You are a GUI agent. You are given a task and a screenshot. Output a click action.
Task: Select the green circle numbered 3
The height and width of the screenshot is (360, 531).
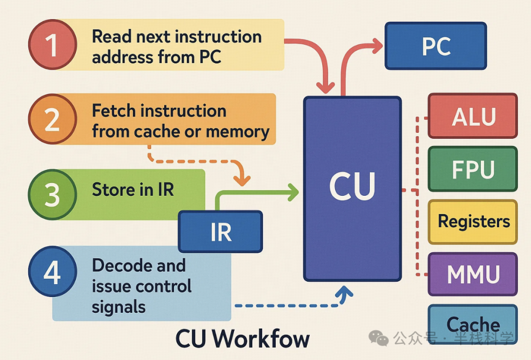coord(53,194)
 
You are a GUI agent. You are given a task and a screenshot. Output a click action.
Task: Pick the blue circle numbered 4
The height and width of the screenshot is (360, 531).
coord(53,272)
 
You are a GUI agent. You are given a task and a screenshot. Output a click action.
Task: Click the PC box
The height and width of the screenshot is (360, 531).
coord(436,46)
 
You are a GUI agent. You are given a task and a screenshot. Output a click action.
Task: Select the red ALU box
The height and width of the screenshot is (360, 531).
coord(472,116)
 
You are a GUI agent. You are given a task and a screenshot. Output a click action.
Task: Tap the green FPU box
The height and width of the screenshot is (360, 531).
coord(472,169)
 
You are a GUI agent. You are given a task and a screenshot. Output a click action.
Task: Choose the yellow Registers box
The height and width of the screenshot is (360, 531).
coord(472,222)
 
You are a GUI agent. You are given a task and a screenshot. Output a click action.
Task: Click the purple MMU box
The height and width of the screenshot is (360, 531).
coord(472,274)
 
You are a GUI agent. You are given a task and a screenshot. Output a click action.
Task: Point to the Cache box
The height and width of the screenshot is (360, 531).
coord(472,324)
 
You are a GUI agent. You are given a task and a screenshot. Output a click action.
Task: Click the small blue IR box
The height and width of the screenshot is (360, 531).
coord(220,232)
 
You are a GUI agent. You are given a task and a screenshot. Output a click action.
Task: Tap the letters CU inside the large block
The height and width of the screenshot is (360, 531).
coord(352,187)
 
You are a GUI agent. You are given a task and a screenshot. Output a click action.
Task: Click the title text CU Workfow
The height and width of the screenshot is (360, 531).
coord(243,339)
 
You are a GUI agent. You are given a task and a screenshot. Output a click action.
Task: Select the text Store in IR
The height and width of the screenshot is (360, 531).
coord(133,190)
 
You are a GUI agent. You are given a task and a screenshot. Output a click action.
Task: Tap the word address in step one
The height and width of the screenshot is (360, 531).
coord(117,57)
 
